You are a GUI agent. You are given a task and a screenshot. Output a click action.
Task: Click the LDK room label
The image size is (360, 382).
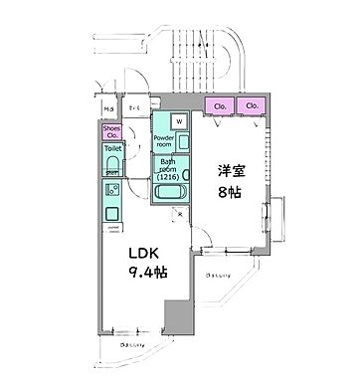click(133, 253)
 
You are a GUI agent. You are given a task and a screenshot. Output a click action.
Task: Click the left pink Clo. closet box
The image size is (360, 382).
click(218, 104)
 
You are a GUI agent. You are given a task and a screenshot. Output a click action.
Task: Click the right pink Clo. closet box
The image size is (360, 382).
click(252, 104)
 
